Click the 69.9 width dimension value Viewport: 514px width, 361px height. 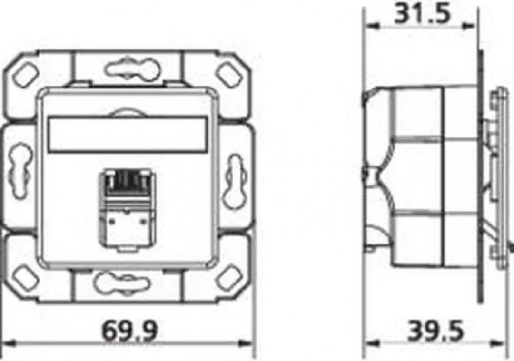click(130, 331)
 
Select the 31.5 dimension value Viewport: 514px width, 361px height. click(423, 13)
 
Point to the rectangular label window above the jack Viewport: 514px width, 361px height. click(128, 134)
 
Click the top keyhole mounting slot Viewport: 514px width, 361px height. click(133, 68)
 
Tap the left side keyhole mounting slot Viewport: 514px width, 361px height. click(20, 170)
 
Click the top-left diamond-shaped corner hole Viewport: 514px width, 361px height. click(26, 75)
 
